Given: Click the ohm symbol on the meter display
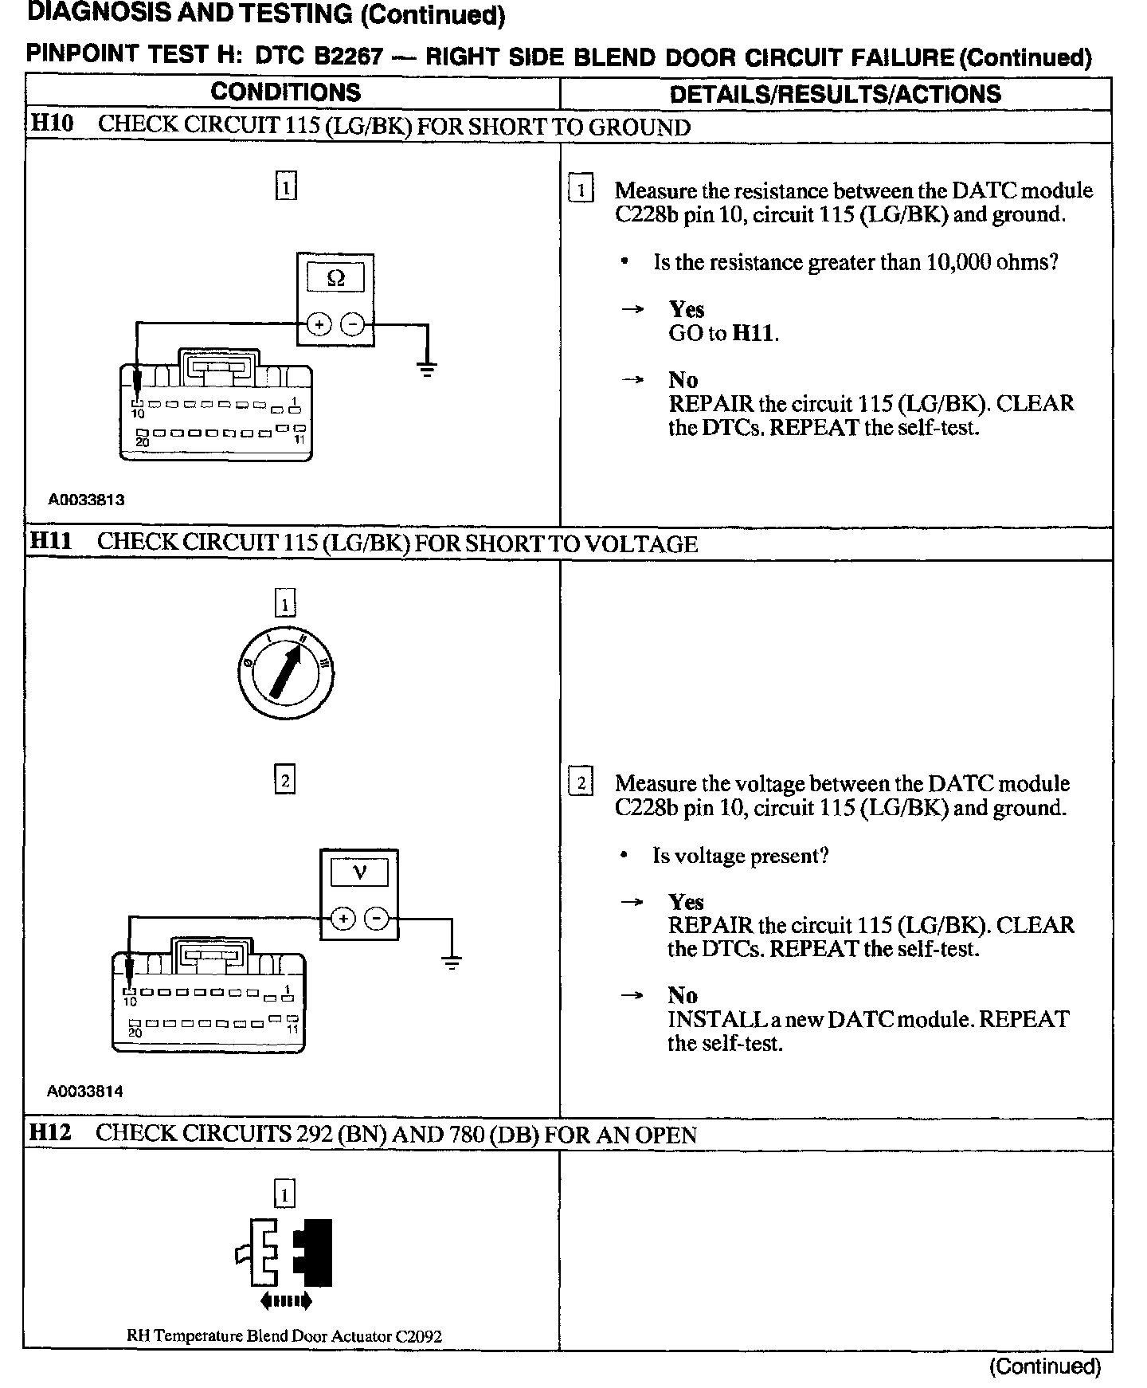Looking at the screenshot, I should point(335,278).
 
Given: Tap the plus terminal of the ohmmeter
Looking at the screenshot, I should point(319,324).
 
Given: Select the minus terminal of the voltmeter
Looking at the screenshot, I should point(376,919).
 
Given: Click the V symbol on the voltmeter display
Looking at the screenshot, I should point(358,872).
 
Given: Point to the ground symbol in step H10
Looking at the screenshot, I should point(427,368).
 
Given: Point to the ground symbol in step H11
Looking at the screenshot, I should point(451,962).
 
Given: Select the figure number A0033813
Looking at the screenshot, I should point(86,500).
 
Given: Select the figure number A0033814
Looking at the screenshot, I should point(85,1092).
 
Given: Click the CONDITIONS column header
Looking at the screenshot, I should point(285,92).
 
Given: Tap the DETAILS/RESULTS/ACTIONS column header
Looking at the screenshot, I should point(835,94).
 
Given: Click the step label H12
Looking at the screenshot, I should point(49,1133).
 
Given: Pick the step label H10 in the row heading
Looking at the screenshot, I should point(51,124).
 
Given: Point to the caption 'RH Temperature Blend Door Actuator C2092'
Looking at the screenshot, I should point(284,1336).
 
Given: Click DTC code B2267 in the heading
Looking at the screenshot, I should point(349,57).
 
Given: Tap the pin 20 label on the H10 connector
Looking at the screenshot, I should point(142,441).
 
